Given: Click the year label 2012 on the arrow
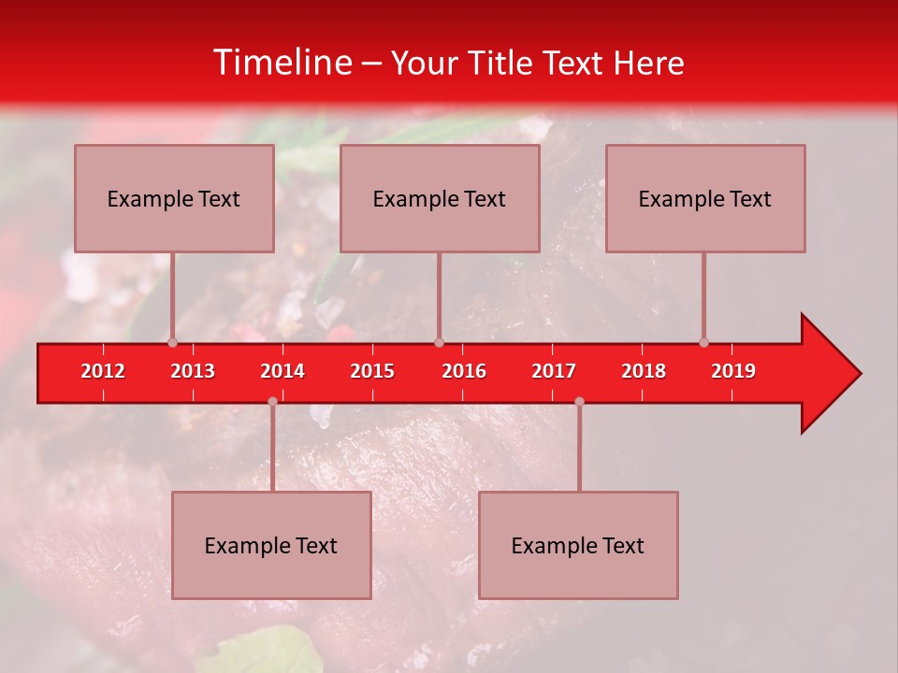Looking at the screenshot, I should [103, 371].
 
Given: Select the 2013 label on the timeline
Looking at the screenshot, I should [193, 371].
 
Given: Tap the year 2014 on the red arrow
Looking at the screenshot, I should [282, 371].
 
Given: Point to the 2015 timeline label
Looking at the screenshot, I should [372, 371].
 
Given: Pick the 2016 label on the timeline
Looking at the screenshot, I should [464, 371].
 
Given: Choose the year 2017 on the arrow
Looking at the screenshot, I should [554, 371].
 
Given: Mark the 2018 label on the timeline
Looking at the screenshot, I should [644, 371].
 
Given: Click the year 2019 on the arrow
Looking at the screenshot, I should [733, 371].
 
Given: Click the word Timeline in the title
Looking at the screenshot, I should [281, 63].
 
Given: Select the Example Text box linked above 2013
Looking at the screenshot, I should [174, 198].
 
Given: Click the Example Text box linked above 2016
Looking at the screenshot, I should [440, 198].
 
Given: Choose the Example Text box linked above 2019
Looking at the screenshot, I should [705, 198].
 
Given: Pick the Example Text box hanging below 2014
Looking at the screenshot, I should [271, 545].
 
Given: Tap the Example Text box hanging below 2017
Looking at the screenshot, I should [578, 545].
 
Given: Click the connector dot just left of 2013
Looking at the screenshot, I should [172, 342].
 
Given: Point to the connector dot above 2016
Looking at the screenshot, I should [439, 342].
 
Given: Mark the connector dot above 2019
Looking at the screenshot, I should [703, 342].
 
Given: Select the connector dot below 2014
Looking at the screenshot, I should [272, 401].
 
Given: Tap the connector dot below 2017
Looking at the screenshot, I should [579, 401].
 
